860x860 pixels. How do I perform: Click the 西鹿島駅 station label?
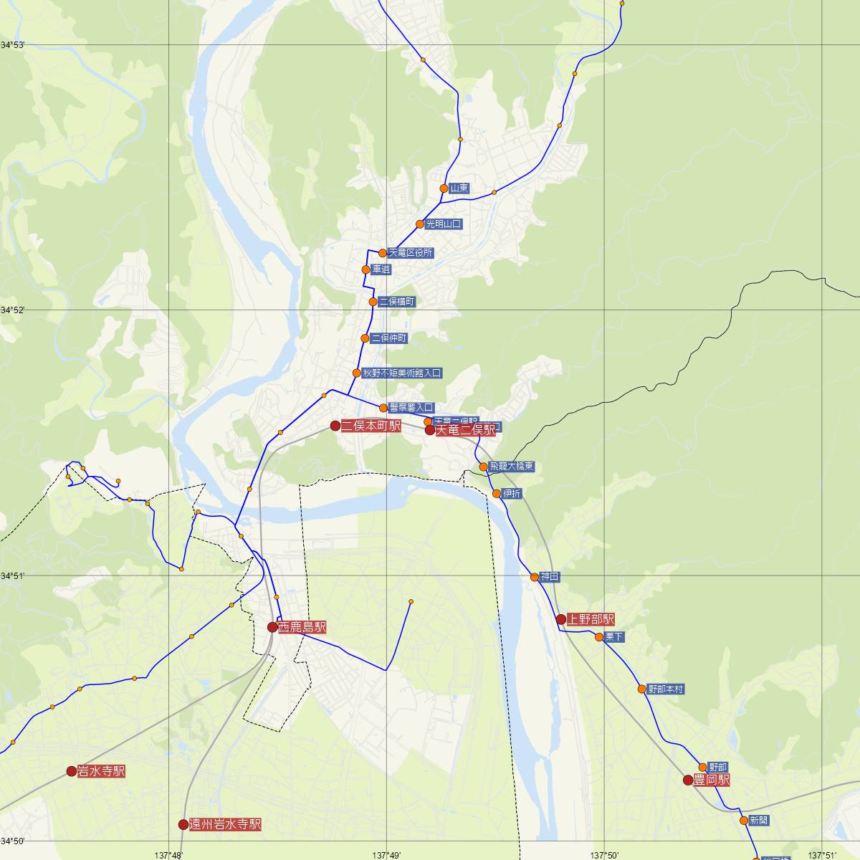click(302, 627)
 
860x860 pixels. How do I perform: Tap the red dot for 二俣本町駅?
click(335, 426)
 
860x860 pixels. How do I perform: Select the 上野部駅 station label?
click(591, 619)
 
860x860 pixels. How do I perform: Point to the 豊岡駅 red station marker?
click(688, 780)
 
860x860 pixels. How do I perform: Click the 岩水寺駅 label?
click(102, 771)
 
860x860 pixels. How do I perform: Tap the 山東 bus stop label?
click(459, 188)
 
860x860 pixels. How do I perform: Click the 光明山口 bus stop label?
click(444, 224)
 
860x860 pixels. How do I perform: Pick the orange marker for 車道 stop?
click(366, 269)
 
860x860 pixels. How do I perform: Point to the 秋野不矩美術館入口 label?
click(401, 373)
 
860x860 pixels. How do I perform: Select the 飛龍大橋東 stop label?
click(512, 467)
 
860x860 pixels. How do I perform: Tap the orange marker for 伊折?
click(497, 493)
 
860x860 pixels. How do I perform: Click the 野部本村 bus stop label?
click(665, 689)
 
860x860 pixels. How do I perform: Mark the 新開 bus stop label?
click(758, 820)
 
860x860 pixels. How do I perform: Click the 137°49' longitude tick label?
click(386, 854)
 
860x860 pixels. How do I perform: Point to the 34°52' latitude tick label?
click(12, 310)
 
